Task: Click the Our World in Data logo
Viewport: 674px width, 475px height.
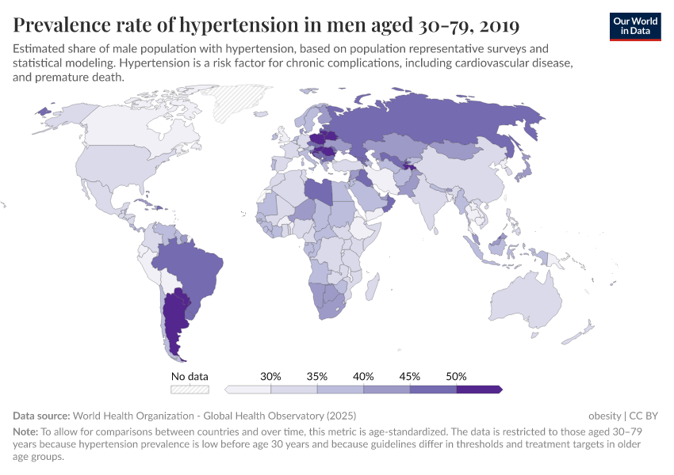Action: [x=634, y=25]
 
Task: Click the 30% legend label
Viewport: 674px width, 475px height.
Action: [x=271, y=376]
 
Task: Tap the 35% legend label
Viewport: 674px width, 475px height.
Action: [x=317, y=376]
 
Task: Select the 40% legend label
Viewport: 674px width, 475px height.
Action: [x=363, y=376]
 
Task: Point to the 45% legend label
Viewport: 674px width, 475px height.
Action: [x=410, y=376]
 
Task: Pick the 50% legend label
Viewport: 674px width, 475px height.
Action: [x=456, y=376]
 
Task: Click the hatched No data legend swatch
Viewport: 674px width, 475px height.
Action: [x=190, y=389]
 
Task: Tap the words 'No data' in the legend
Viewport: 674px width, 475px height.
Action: [x=190, y=376]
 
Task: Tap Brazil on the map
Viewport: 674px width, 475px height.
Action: [x=190, y=261]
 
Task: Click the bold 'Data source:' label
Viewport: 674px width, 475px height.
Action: [x=41, y=416]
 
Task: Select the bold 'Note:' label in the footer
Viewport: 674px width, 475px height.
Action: [x=27, y=431]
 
